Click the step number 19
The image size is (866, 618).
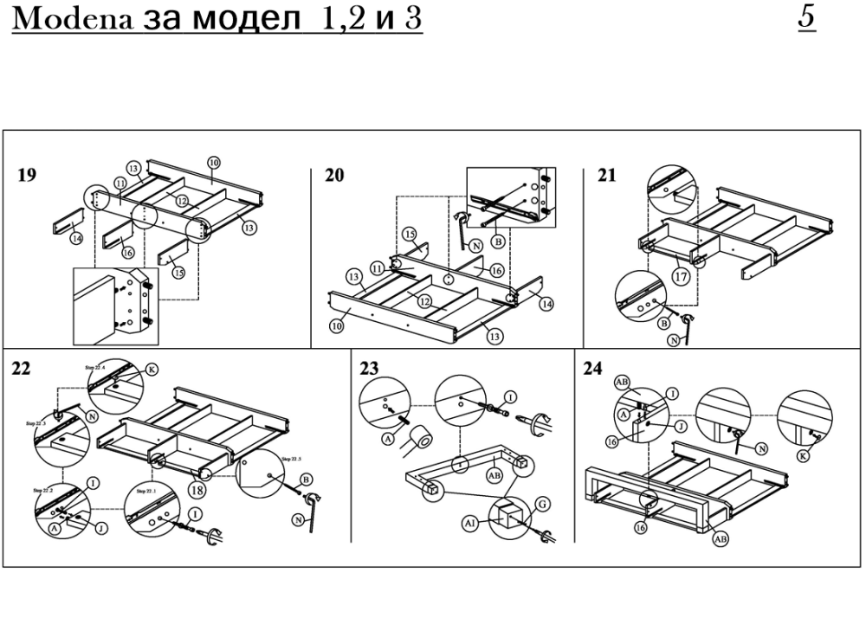(x=27, y=176)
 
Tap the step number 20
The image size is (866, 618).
(x=334, y=176)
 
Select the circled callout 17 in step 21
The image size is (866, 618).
(x=680, y=278)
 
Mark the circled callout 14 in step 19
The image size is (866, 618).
(x=76, y=238)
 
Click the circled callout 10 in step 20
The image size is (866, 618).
(x=335, y=325)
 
